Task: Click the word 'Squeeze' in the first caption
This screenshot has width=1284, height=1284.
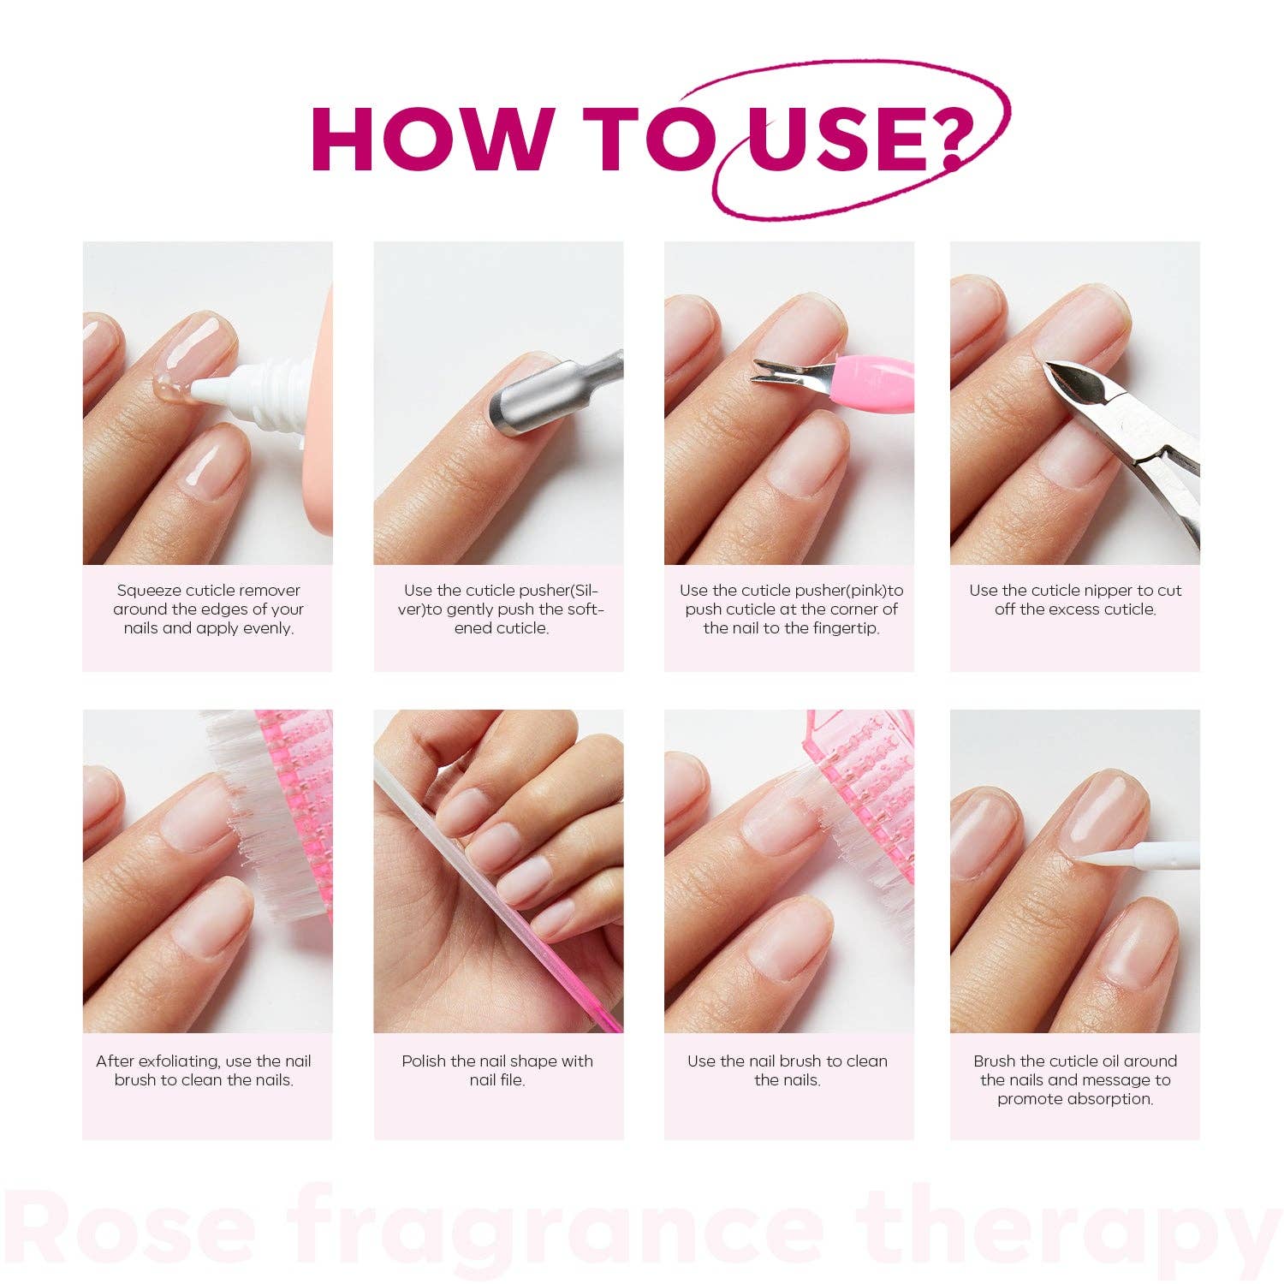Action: pos(149,591)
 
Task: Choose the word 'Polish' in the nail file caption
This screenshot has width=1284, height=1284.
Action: pos(425,1061)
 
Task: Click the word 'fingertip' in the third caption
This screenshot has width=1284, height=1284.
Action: pos(844,628)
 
